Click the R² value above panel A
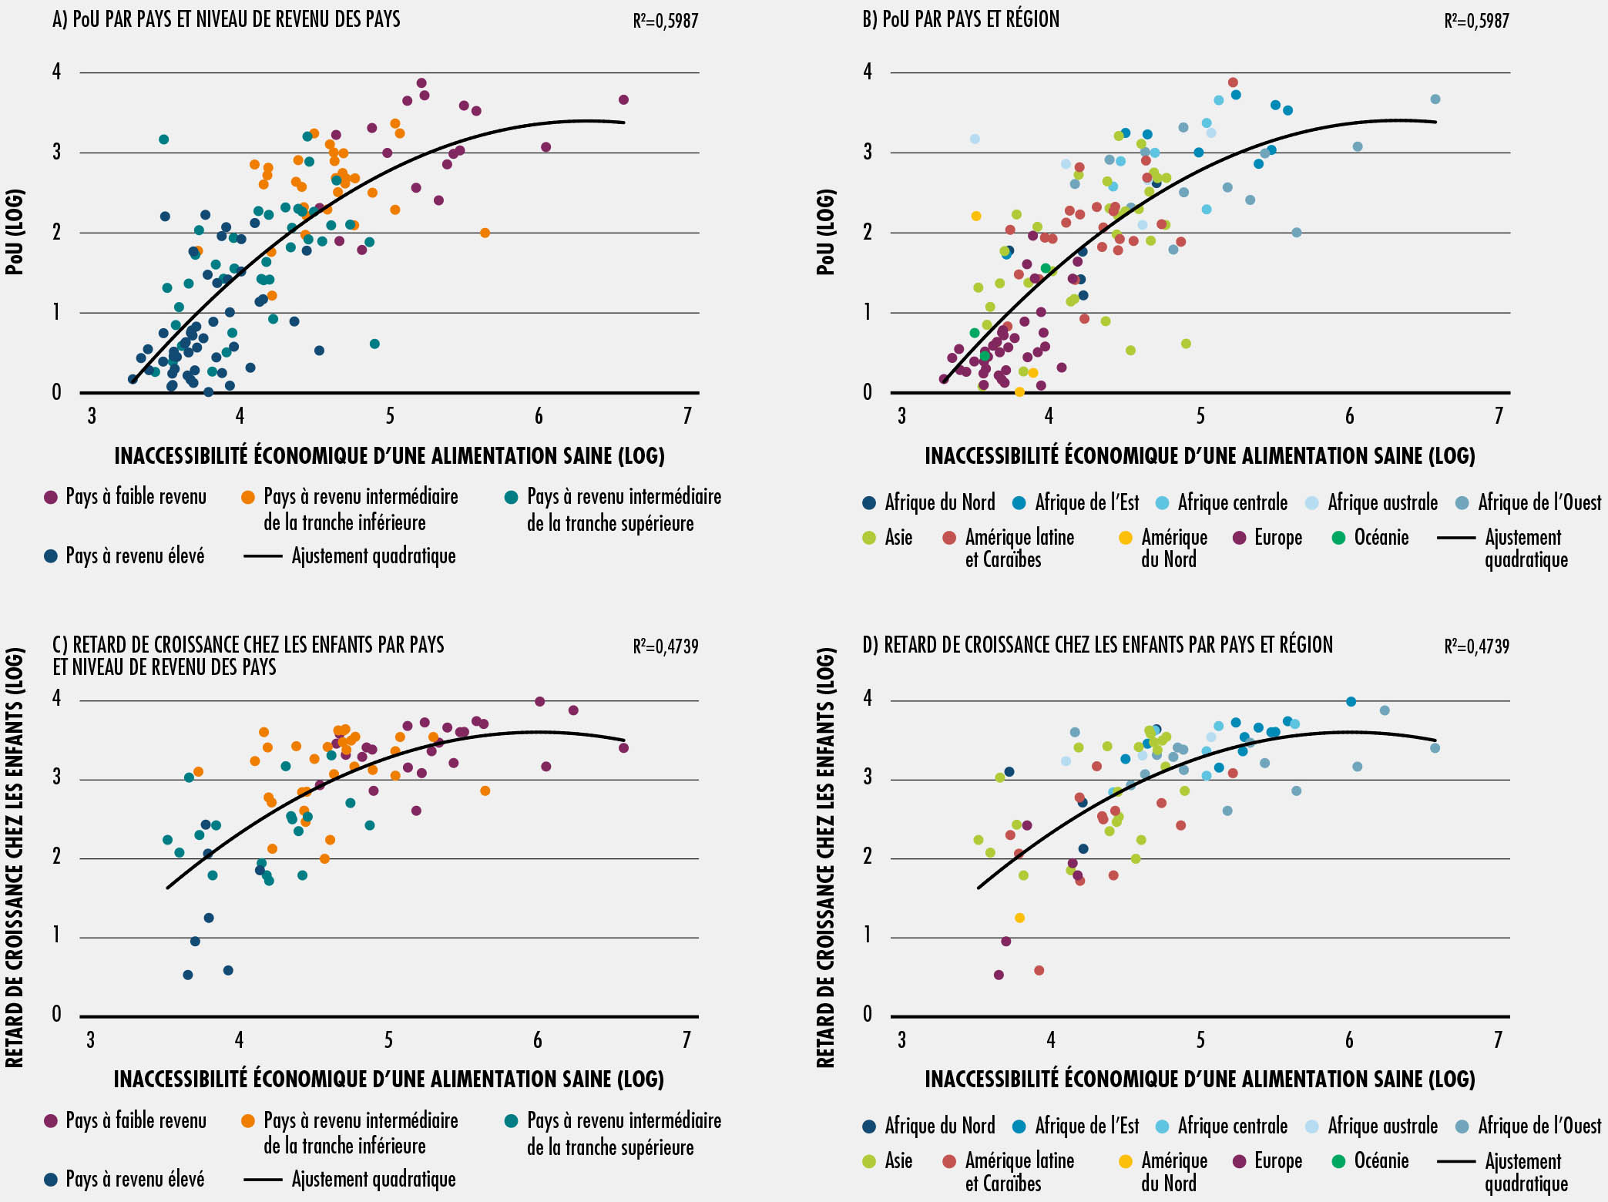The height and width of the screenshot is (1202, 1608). [x=665, y=22]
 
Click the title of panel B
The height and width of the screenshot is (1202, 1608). [x=960, y=19]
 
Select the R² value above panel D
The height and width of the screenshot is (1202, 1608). [x=1476, y=646]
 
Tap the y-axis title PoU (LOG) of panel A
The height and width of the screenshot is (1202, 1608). [x=15, y=232]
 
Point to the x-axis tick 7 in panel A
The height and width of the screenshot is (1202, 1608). [x=687, y=417]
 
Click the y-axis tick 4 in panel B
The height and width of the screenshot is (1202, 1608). [x=868, y=72]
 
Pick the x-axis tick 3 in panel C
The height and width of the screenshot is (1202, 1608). [x=91, y=1040]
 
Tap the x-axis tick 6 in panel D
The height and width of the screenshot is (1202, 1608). [x=1349, y=1040]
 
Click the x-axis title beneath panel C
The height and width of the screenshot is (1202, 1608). [x=388, y=1079]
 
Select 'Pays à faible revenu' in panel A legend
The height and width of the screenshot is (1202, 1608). [x=136, y=497]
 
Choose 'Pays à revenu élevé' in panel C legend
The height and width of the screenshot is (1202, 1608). [x=135, y=1180]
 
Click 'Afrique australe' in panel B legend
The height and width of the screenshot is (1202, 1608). [x=1382, y=503]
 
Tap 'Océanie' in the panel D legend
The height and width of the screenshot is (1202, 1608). [x=1381, y=1161]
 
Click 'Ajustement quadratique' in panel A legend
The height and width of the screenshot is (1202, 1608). [x=373, y=556]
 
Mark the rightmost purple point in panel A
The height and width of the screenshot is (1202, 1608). [x=623, y=99]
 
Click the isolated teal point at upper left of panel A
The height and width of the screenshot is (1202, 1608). [x=163, y=139]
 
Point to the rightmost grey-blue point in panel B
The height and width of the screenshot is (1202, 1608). [x=1435, y=99]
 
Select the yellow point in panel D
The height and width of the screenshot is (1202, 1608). [x=1019, y=918]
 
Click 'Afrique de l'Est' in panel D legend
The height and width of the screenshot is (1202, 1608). [x=1086, y=1126]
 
